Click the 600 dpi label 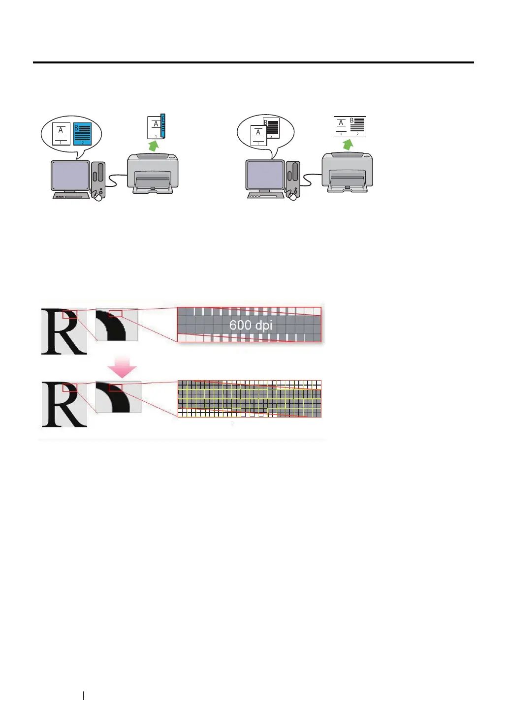(x=251, y=325)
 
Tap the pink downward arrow (x=122, y=368)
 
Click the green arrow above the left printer (x=154, y=146)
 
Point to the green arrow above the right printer (x=349, y=144)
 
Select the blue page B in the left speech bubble (x=82, y=134)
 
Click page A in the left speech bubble (x=61, y=134)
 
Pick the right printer (x=347, y=172)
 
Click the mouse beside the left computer (x=98, y=197)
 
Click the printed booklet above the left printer (x=157, y=126)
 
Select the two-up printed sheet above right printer (x=350, y=127)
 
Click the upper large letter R (x=64, y=331)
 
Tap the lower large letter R (x=64, y=405)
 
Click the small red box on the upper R (x=69, y=314)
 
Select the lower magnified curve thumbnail (x=118, y=397)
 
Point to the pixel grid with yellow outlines (x=249, y=399)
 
